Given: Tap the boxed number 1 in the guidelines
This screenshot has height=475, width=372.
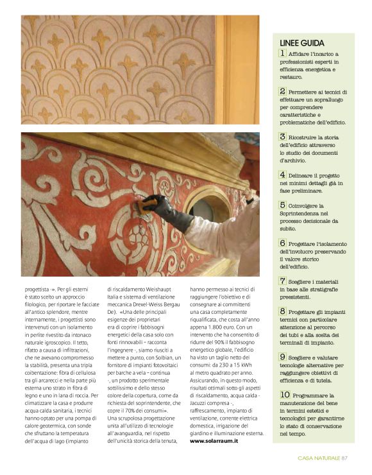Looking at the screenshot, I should coord(283,53).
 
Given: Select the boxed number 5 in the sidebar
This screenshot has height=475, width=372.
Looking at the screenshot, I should coord(283,205).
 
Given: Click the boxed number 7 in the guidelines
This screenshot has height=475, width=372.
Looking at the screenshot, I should coord(283,281).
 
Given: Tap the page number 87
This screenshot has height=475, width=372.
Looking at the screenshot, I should coord(344,458).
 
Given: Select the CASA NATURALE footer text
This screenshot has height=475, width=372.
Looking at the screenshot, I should coord(319,458).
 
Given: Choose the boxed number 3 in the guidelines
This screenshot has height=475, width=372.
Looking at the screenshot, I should coord(283,137).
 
